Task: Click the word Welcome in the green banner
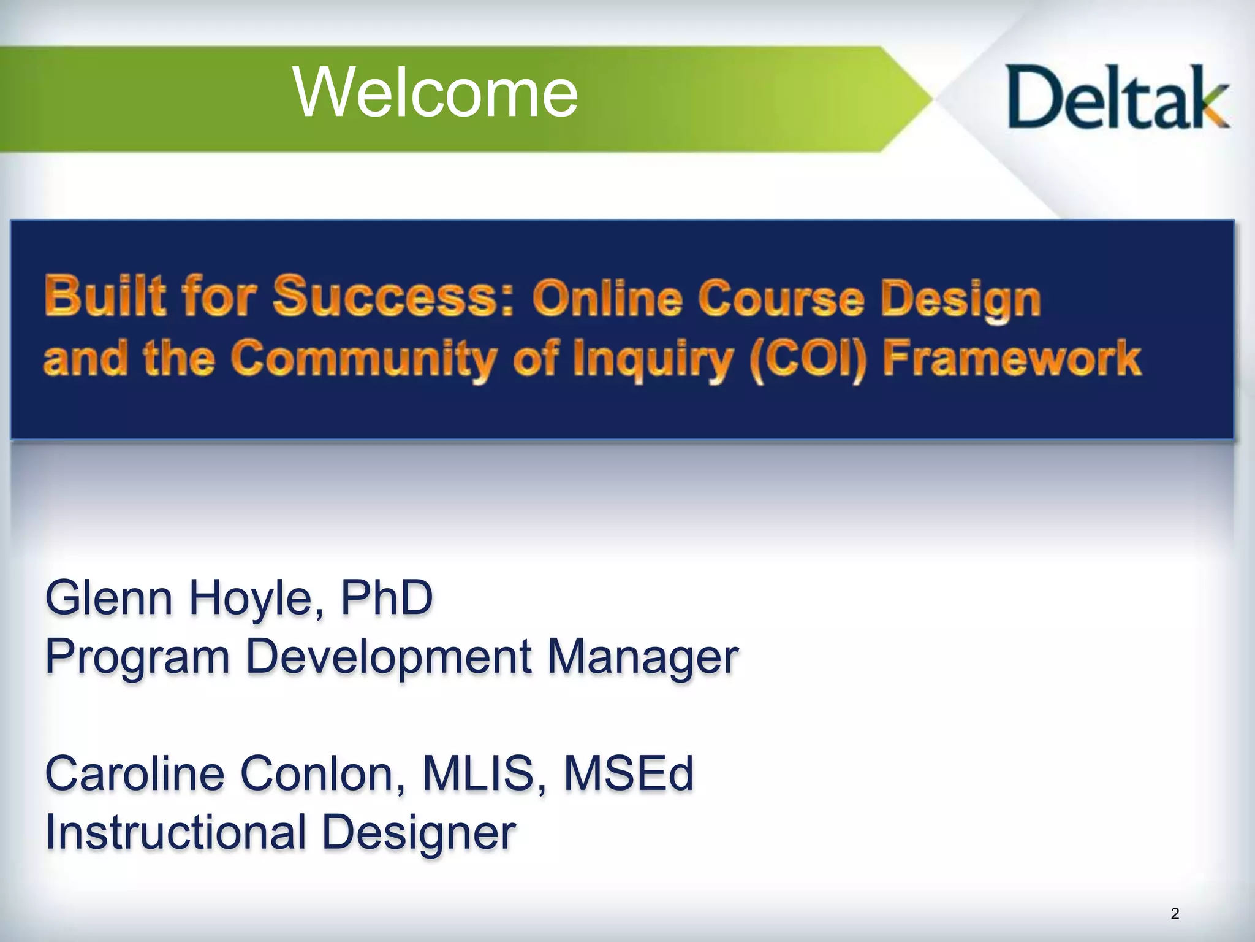point(436,94)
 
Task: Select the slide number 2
point(1174,913)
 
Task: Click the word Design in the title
point(960,301)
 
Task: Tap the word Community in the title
point(364,360)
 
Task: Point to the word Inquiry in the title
point(652,361)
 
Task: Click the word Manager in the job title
point(643,657)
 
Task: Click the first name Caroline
point(135,773)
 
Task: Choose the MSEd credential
point(628,773)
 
